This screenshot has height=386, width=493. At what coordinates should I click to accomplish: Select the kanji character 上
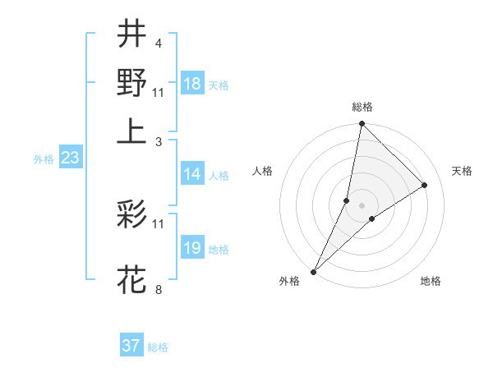click(131, 131)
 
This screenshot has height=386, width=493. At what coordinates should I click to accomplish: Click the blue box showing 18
click(192, 85)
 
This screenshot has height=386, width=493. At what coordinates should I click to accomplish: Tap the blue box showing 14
click(192, 174)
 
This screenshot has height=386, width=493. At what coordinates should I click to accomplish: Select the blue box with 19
click(192, 248)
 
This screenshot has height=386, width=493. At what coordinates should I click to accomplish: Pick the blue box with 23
click(70, 159)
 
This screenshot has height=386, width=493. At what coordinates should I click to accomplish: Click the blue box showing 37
click(131, 346)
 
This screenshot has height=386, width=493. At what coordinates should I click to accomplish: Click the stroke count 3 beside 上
click(159, 140)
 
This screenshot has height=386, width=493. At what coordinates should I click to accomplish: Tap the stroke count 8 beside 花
click(158, 290)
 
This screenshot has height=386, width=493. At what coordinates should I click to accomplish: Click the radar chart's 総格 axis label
click(362, 107)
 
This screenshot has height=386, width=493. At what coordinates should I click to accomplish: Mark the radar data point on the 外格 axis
click(313, 272)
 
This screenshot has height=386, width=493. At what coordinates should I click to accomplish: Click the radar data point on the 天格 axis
click(425, 185)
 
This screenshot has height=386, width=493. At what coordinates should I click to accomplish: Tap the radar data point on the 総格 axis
click(362, 124)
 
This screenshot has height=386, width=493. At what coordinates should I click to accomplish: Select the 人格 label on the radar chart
click(263, 171)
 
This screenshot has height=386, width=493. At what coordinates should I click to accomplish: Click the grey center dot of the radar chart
click(362, 205)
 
